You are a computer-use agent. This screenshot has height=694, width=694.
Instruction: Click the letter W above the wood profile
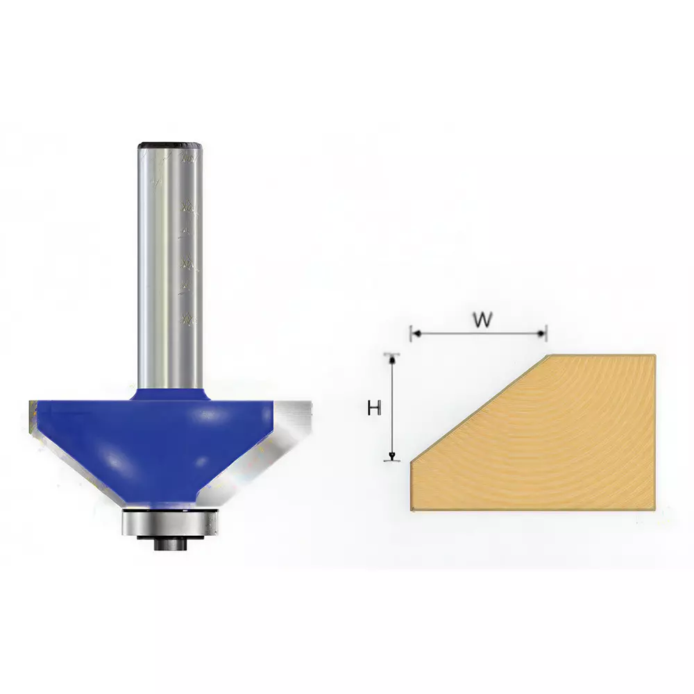(x=483, y=320)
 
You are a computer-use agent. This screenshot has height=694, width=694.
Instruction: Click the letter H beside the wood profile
(x=375, y=409)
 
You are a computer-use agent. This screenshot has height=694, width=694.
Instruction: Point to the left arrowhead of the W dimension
(x=414, y=334)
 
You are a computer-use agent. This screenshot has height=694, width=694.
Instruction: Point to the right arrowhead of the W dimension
(x=543, y=334)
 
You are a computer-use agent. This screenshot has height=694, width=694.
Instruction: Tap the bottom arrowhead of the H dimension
(x=393, y=456)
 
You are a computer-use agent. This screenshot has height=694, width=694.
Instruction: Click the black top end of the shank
(x=170, y=146)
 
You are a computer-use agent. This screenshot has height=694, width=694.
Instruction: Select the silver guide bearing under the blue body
(x=170, y=522)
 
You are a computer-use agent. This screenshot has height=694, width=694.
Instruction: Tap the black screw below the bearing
(x=170, y=544)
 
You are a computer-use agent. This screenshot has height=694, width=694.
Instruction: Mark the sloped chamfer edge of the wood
(x=479, y=409)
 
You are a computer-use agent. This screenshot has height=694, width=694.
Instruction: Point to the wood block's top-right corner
(x=654, y=356)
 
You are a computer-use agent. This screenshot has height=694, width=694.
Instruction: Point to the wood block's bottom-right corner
(x=654, y=510)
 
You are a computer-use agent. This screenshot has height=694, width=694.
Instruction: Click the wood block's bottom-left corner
(x=412, y=510)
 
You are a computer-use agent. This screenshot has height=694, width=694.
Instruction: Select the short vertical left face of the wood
(x=412, y=486)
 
